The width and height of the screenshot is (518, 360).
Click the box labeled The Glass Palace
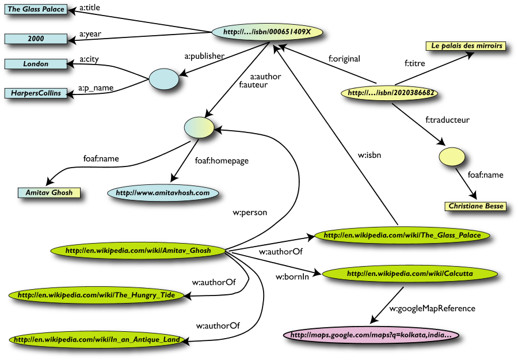point(36,9)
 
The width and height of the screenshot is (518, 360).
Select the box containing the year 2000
point(36,39)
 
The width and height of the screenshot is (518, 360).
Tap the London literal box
point(36,64)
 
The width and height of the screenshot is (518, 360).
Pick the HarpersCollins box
point(36,93)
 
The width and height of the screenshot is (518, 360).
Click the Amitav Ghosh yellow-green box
point(49,192)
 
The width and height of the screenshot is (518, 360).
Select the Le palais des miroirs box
point(466,46)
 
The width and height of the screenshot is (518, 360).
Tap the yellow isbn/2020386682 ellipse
point(382,92)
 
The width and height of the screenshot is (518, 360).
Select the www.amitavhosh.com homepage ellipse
point(163,193)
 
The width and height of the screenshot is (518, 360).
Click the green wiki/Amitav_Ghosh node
point(138,251)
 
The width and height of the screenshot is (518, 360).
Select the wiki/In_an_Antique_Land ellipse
point(97,340)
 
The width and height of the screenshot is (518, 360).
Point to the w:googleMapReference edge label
point(432,308)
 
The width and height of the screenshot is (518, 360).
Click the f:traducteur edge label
point(447,120)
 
